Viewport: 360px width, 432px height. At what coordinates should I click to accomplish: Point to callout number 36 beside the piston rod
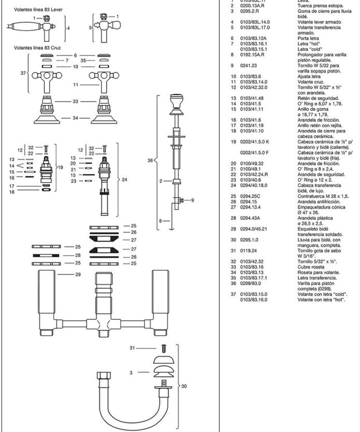tap(150, 160)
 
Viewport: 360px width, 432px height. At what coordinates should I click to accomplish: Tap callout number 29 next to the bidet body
tap(78, 275)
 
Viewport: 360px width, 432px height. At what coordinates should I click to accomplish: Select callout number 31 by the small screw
tap(132, 348)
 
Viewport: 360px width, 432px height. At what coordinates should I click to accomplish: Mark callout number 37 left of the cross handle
tap(23, 73)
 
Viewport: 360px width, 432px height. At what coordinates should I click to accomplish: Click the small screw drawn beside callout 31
tap(164, 349)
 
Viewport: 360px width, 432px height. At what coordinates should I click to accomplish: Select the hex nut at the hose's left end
tap(103, 376)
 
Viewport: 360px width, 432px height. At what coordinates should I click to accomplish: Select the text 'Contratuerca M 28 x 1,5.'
tap(323, 196)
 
